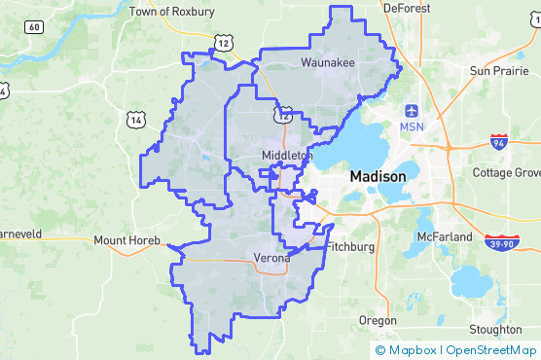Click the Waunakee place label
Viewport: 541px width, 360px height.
[x=328, y=62]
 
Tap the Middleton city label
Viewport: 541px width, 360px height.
[x=287, y=156]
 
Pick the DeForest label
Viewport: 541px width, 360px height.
[x=407, y=7]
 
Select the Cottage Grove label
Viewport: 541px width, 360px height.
[x=507, y=172]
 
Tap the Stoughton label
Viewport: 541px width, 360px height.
[x=494, y=330]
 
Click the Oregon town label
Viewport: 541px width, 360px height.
[x=378, y=320]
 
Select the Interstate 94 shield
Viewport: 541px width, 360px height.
[x=498, y=143]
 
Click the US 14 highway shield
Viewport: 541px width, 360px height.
[x=135, y=119]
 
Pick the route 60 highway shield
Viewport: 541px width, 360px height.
[x=34, y=26]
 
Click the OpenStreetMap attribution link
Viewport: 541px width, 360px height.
[x=492, y=350]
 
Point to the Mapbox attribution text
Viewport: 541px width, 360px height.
[x=413, y=350]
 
